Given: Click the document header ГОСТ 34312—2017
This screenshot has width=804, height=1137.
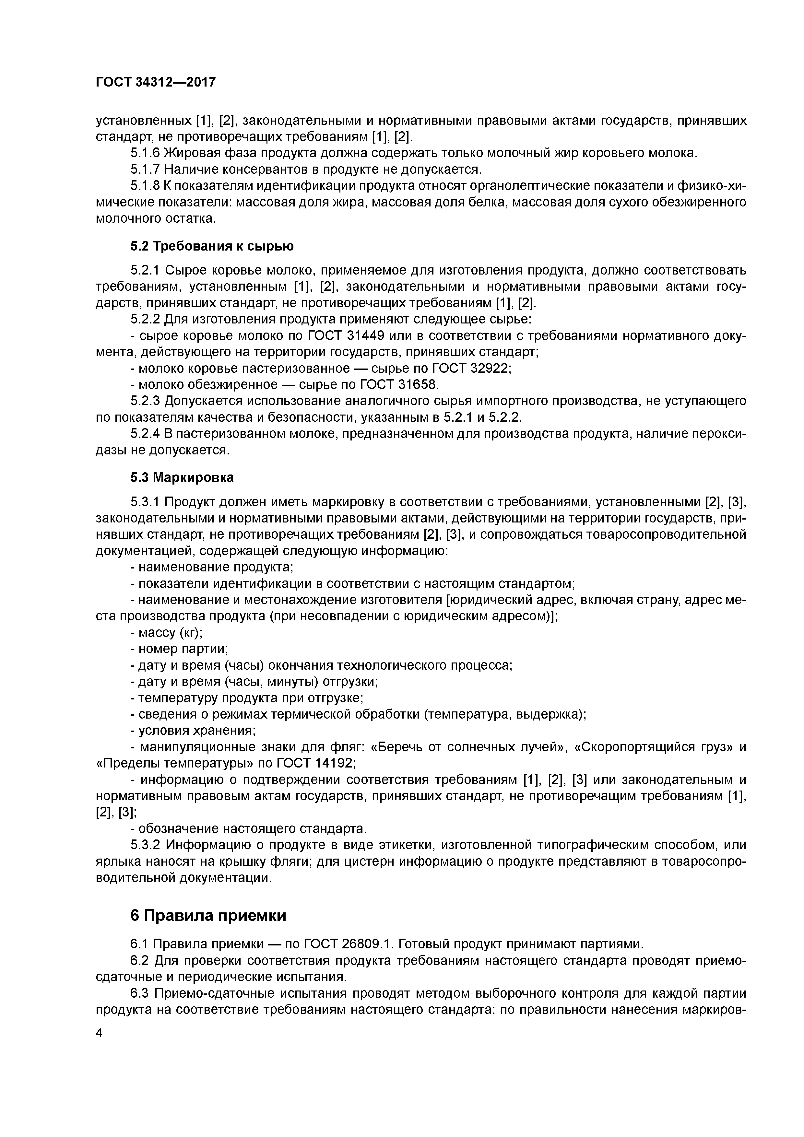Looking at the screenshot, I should (x=156, y=82).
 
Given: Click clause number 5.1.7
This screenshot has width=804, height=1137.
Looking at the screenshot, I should (x=145, y=170).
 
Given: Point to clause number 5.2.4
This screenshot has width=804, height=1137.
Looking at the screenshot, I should (x=145, y=434).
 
